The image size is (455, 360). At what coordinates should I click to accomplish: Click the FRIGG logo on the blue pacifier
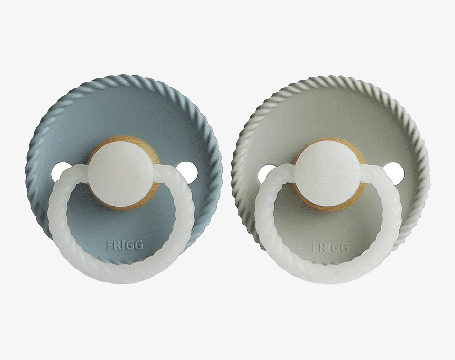pyautogui.click(x=125, y=245)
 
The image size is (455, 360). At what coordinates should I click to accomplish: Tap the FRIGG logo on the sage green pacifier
pyautogui.click(x=330, y=247)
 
